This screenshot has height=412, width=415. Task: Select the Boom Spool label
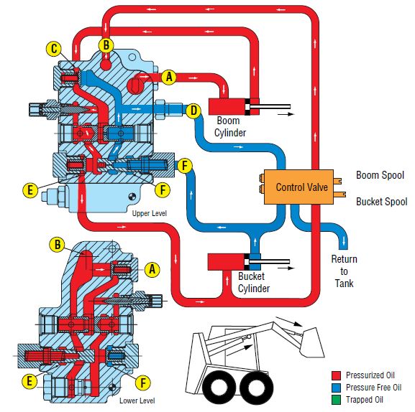[380, 175]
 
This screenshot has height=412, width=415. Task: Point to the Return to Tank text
[344, 271]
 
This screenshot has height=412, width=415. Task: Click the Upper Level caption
[149, 213]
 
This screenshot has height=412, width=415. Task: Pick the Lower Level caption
[137, 401]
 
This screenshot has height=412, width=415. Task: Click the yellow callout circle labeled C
[53, 49]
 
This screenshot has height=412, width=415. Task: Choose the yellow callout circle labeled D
[193, 111]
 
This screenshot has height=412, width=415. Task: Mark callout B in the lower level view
[58, 244]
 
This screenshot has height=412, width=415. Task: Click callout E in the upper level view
[29, 189]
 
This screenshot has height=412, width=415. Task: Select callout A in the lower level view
[152, 269]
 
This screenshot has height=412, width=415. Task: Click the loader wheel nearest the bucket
[257, 388]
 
